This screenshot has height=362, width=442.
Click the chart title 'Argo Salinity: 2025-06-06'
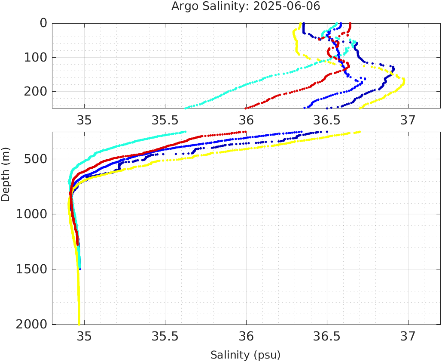tap(246, 6)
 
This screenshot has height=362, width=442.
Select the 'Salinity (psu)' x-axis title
tap(246, 355)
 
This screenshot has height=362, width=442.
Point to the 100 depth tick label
tap(35, 57)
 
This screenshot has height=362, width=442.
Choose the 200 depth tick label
tap(35, 91)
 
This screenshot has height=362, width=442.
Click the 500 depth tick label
tap(35, 159)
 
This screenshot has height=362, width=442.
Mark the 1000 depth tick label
tap(31, 214)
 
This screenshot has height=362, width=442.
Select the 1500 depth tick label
tap(31, 269)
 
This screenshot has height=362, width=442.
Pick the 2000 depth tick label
tap(31, 324)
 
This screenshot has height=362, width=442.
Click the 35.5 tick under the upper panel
tap(165, 119)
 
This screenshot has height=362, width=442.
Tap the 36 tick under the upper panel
tap(246, 119)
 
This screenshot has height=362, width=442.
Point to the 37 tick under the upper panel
tap(408, 119)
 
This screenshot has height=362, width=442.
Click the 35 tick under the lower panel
tap(84, 336)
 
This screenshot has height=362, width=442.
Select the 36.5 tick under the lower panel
tap(327, 336)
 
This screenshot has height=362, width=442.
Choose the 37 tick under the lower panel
tap(408, 336)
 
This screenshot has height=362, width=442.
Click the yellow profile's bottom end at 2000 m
tap(79, 324)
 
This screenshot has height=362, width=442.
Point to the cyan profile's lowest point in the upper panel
tap(186, 108)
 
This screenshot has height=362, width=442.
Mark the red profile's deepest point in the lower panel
tap(78, 244)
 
